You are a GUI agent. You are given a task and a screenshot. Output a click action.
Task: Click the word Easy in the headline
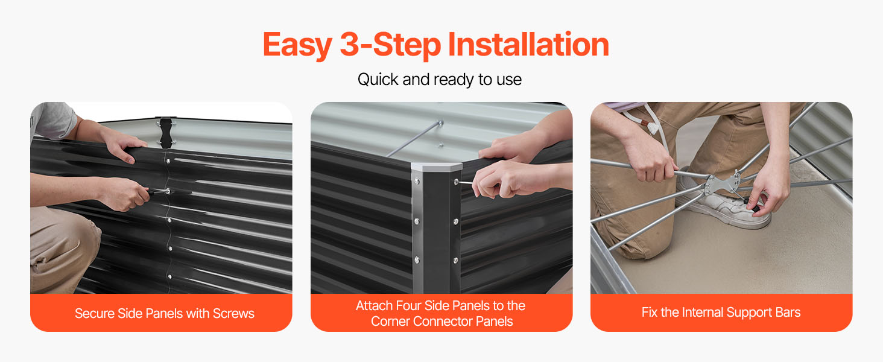click(x=297, y=45)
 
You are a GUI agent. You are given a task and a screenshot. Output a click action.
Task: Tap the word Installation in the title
click(x=528, y=44)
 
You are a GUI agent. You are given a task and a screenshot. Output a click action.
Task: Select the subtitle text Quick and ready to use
click(x=440, y=80)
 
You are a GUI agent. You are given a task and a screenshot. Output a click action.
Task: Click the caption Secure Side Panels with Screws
click(x=165, y=314)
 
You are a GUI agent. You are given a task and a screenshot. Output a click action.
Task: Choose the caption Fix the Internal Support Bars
click(x=721, y=313)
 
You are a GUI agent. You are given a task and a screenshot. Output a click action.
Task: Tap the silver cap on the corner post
click(x=436, y=167)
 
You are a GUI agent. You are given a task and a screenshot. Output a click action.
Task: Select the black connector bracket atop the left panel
click(x=166, y=132)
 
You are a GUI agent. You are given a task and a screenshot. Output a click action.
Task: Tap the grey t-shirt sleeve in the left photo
click(x=53, y=120)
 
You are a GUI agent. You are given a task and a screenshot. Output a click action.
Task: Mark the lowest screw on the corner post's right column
click(x=456, y=260)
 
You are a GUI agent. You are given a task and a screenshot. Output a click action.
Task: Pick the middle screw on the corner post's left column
click(x=417, y=221)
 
